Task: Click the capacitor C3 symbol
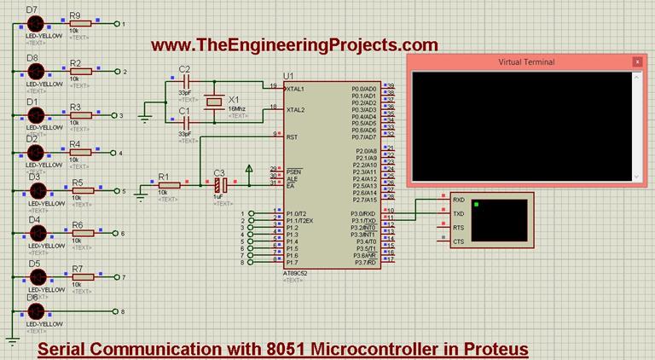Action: pos(219,183)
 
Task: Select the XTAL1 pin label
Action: pos(296,89)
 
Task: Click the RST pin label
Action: pos(292,136)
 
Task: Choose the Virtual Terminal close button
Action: pos(636,61)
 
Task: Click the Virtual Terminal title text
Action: pos(525,62)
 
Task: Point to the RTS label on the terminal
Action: pos(459,228)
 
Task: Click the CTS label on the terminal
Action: pos(459,241)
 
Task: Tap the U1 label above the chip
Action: pos(289,76)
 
